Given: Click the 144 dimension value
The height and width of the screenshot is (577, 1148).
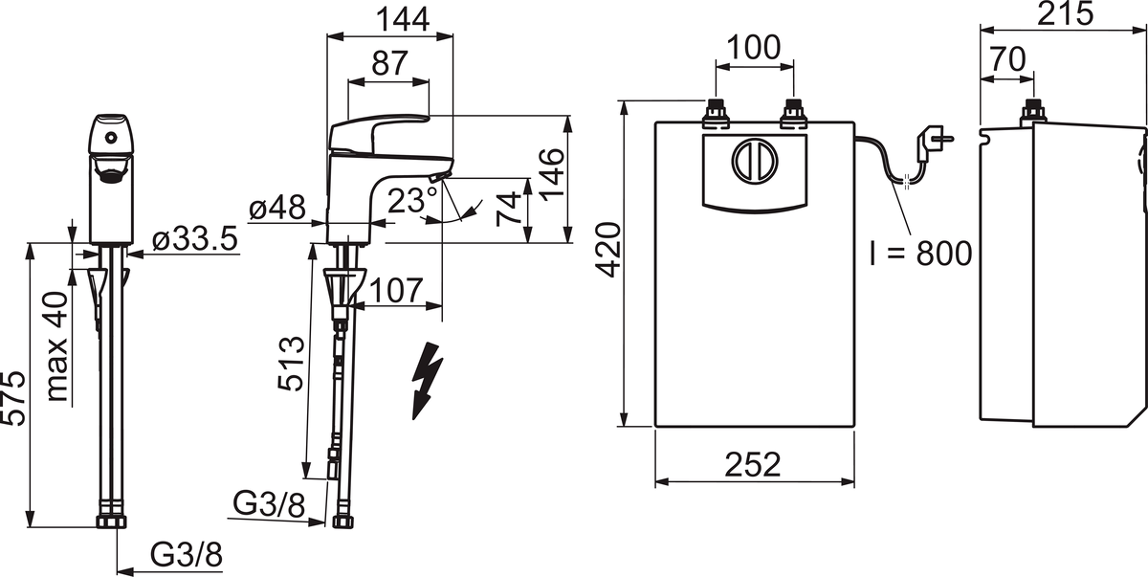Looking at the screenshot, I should click(390, 16).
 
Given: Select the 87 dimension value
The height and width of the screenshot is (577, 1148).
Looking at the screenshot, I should click(387, 62).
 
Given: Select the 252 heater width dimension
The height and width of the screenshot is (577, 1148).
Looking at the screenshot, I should click(753, 463).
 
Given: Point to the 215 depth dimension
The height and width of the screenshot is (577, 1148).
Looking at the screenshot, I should click(1064, 14).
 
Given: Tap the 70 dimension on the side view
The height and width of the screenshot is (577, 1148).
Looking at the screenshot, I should click(1007, 59).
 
